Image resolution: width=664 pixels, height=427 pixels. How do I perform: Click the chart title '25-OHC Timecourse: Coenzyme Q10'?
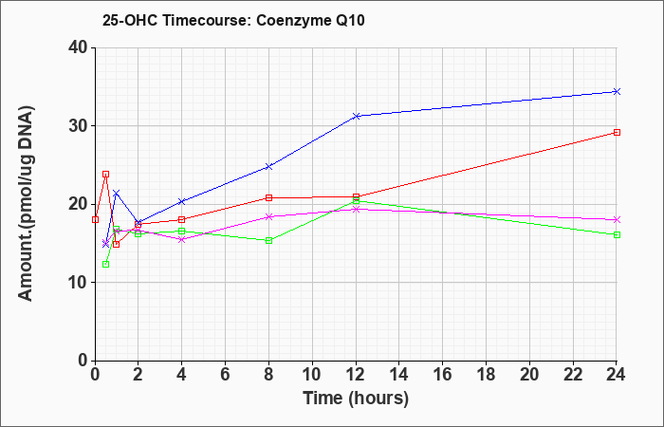point(233,20)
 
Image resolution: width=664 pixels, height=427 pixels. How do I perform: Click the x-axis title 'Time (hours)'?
point(356,399)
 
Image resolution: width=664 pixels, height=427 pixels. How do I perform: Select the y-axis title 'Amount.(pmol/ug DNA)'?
point(27,204)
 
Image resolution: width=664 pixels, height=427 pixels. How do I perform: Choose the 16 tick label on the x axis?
point(443,375)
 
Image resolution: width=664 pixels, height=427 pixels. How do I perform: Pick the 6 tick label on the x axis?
point(226,375)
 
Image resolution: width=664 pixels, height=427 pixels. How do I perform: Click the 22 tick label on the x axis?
point(573,375)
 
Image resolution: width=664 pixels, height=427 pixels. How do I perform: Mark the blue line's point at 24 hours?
point(617,91)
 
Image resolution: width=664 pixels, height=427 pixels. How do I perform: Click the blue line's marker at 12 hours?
point(356,116)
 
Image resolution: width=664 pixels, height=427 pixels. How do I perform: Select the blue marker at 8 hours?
point(268,166)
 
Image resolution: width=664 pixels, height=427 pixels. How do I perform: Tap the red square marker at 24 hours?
point(617,132)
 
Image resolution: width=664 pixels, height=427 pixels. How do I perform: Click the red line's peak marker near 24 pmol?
point(106,174)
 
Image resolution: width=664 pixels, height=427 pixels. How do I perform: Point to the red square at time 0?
point(95,219)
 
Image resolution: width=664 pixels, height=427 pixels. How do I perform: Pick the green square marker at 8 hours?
point(268,241)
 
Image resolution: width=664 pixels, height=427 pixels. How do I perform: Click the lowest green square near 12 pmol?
point(106,265)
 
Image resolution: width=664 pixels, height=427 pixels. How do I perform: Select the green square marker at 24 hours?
point(617,234)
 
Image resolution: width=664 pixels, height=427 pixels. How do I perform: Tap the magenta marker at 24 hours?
point(617,219)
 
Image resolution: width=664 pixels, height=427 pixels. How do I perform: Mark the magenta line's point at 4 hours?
point(182,239)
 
